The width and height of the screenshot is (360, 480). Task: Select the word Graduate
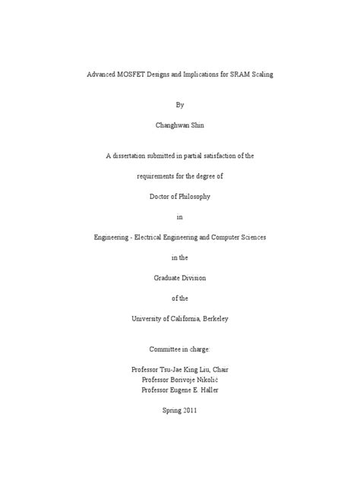pyautogui.click(x=166, y=278)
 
